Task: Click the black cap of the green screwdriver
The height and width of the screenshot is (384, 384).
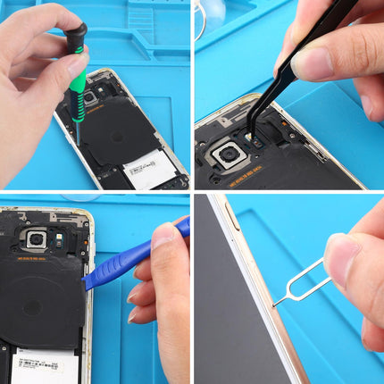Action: tap(77, 36)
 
